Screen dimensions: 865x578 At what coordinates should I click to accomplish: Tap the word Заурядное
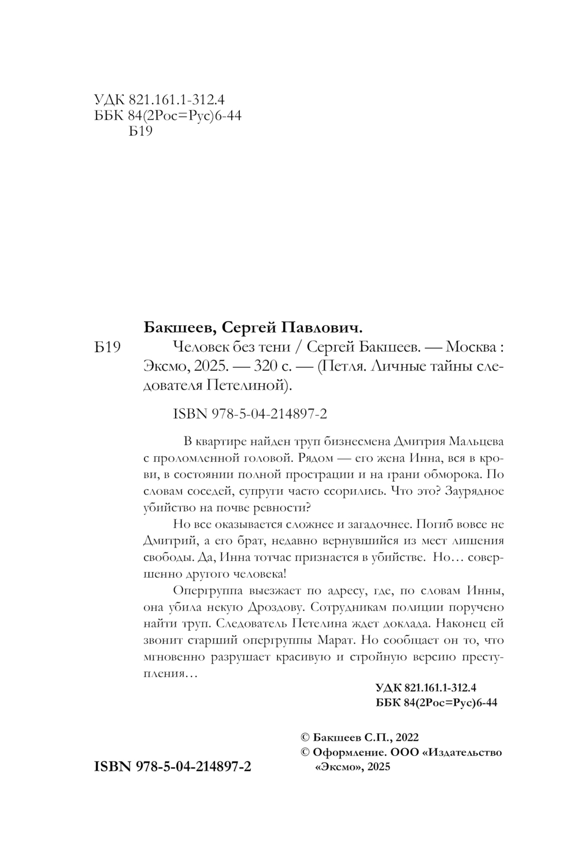coord(469,491)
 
